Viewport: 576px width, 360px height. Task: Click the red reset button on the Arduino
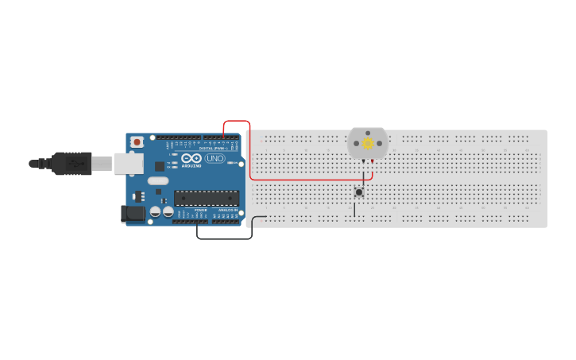click(x=137, y=141)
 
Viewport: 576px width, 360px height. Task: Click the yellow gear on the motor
click(x=368, y=144)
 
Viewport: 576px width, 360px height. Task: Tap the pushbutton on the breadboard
click(x=359, y=192)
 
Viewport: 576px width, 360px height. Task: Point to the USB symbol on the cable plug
click(x=76, y=163)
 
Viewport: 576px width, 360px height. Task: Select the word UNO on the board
click(x=215, y=158)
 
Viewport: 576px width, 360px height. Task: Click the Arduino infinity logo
click(x=191, y=157)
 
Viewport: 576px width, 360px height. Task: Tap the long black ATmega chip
click(x=207, y=198)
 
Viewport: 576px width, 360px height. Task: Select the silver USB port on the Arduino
click(x=127, y=164)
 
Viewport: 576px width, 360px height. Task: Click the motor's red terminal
click(x=372, y=161)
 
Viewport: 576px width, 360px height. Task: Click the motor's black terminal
click(x=364, y=161)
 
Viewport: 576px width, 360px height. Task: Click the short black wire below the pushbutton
click(x=354, y=209)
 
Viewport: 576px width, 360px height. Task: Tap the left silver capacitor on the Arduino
click(x=155, y=212)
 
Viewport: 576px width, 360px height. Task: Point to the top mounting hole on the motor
click(x=368, y=133)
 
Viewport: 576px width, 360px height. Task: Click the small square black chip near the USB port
click(x=160, y=166)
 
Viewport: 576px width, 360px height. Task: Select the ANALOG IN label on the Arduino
click(x=226, y=210)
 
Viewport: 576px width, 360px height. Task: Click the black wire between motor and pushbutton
click(x=363, y=175)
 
